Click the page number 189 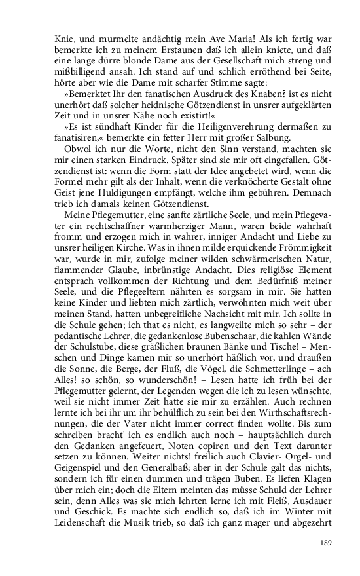click(x=327, y=541)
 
